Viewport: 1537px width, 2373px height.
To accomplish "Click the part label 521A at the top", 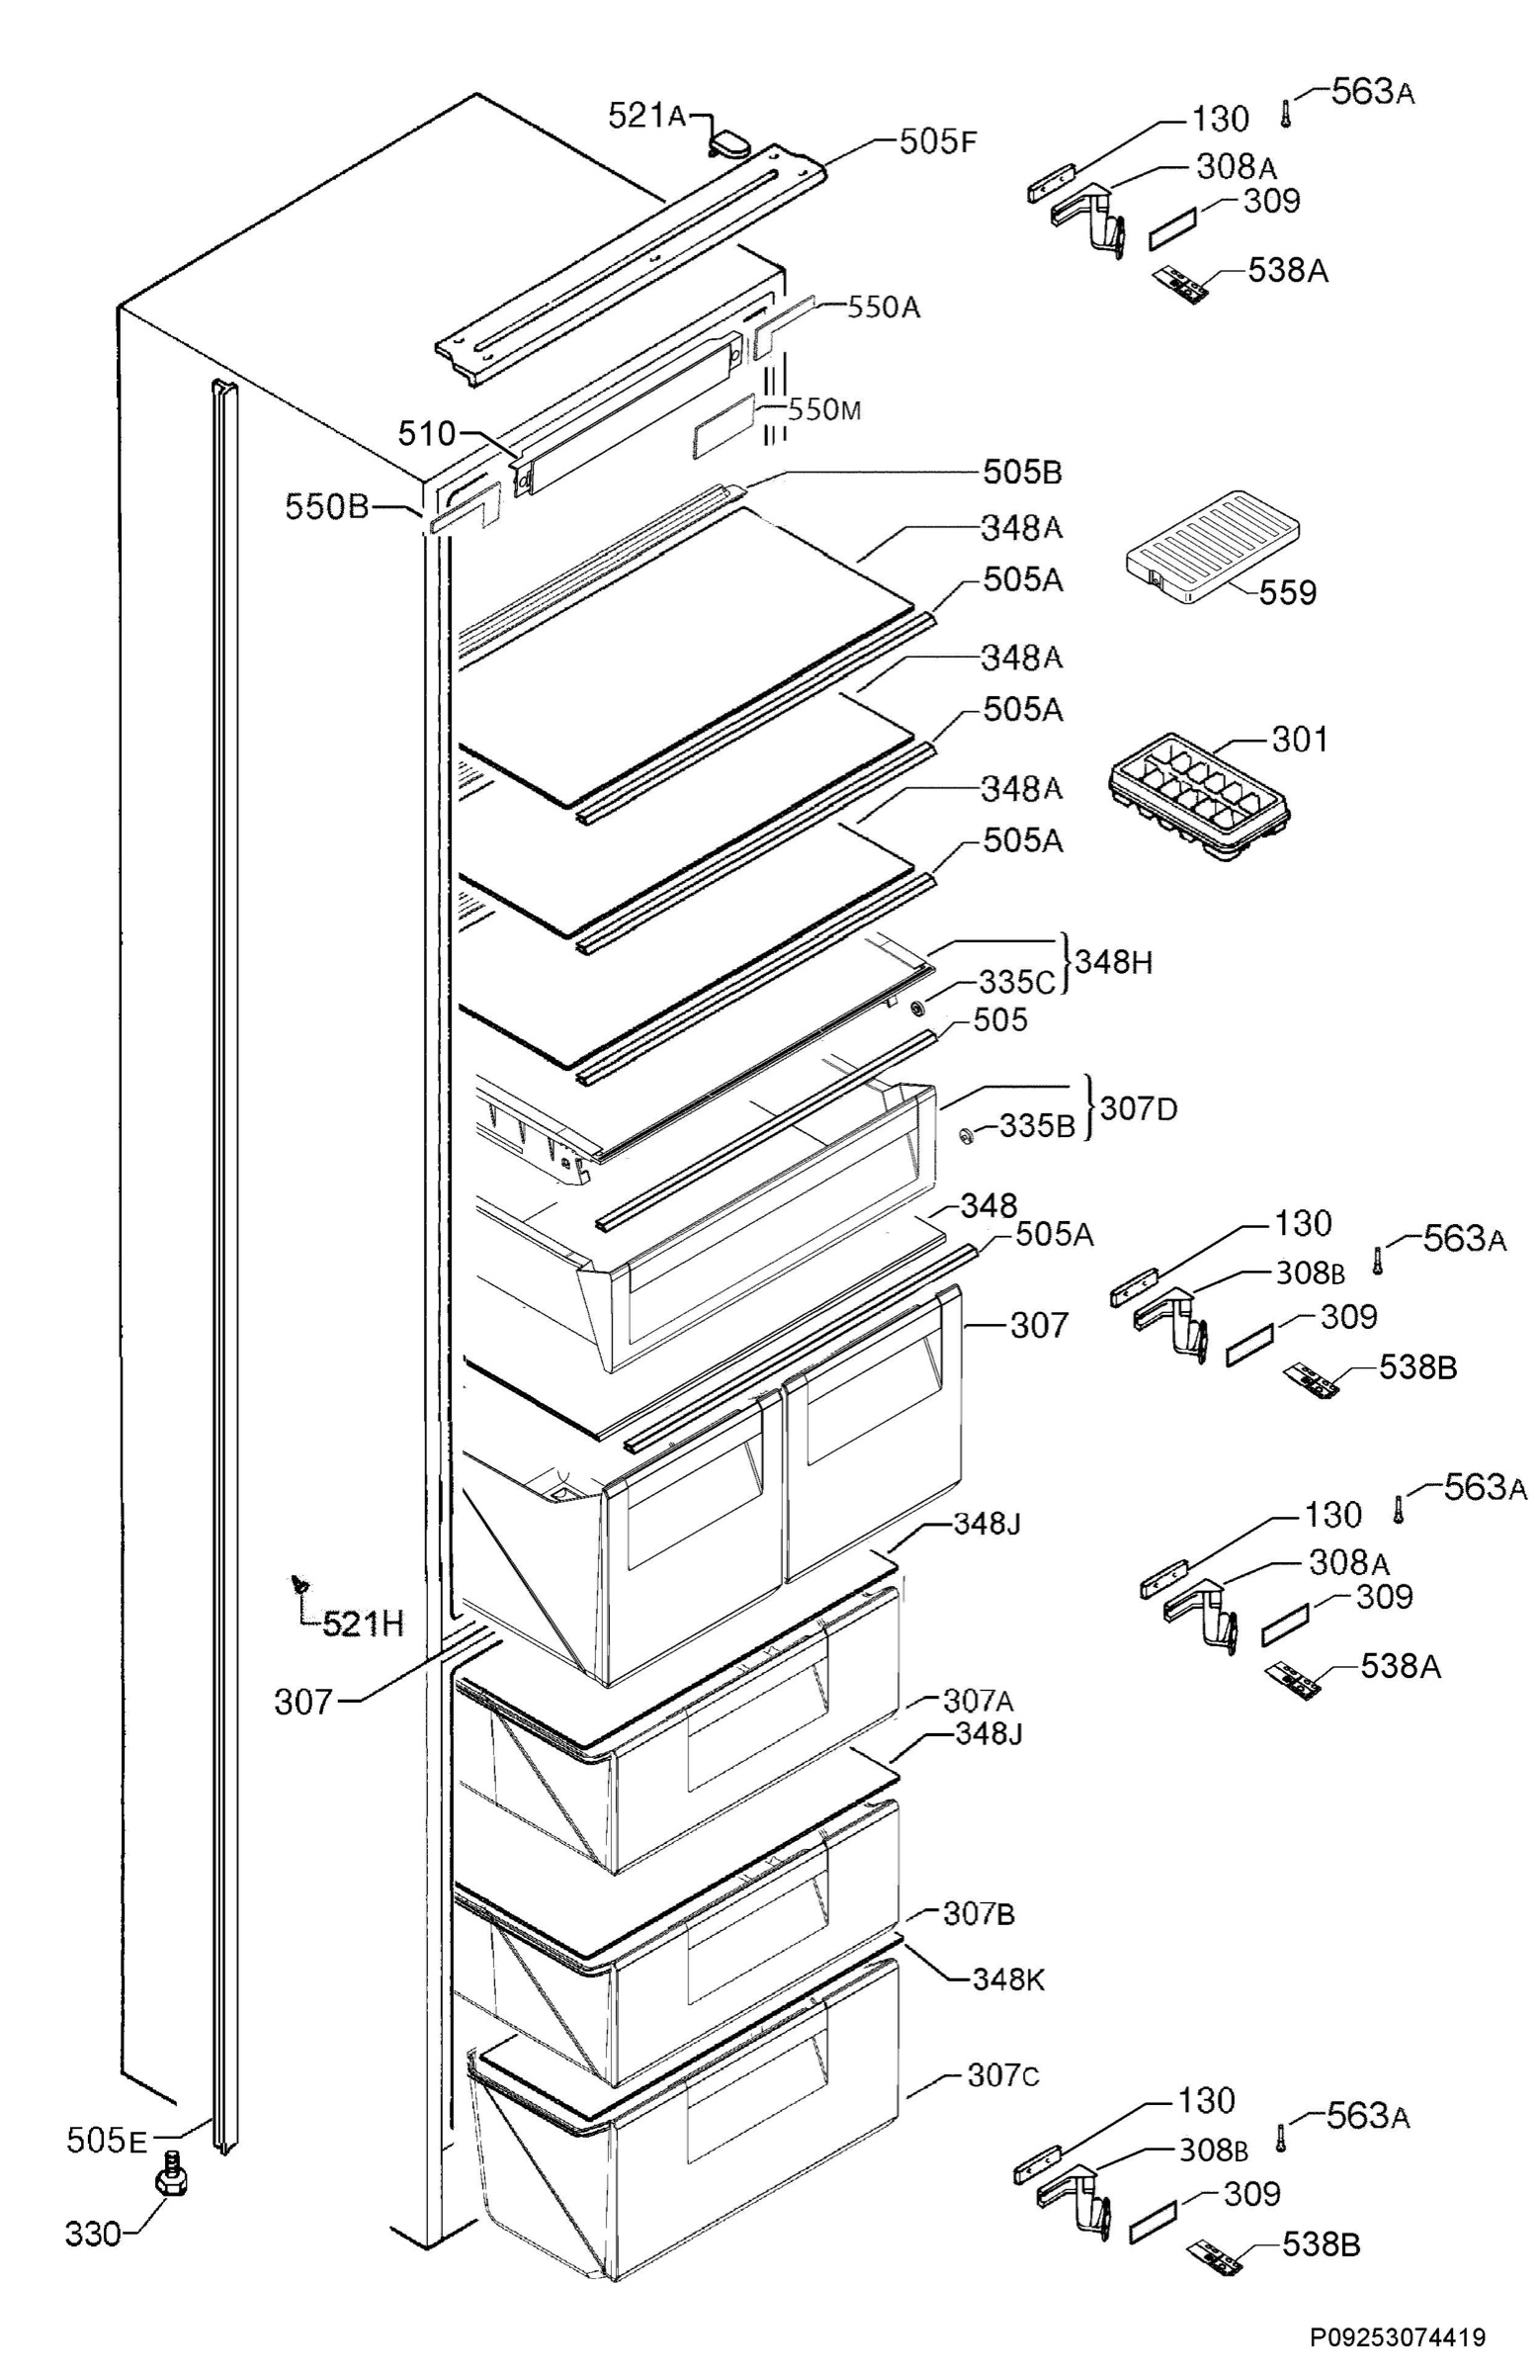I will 646,117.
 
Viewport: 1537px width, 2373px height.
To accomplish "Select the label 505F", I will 937,141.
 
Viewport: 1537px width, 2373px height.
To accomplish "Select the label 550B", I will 327,506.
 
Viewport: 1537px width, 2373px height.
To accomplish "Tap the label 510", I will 426,434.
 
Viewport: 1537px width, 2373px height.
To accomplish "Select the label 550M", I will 823,409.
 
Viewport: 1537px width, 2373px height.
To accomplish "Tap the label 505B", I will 1022,472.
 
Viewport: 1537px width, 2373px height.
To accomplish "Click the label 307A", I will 979,1699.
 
